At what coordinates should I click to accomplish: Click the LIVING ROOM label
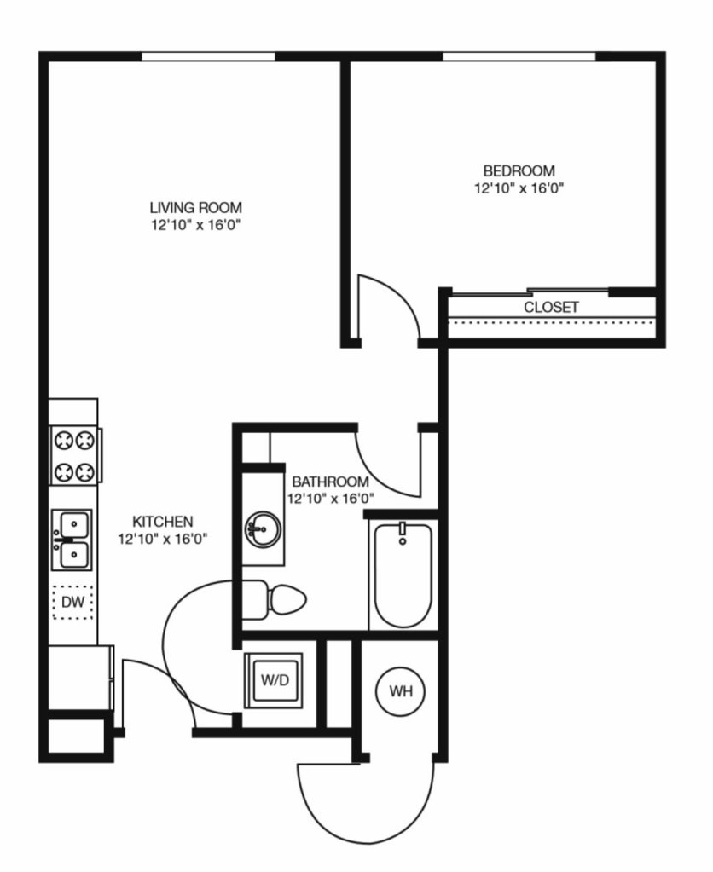point(196,208)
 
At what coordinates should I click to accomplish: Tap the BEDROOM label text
point(519,170)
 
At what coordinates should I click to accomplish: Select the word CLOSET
point(551,307)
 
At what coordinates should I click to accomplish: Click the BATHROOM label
point(330,482)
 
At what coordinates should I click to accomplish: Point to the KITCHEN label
point(163,522)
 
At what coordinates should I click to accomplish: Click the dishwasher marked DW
point(72,603)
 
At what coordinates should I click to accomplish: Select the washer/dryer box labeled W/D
point(274,680)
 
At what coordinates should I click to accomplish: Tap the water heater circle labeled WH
point(401,691)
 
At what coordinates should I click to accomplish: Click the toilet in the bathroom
point(275,600)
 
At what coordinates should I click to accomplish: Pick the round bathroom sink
point(262,530)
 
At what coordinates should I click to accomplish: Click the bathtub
point(403,576)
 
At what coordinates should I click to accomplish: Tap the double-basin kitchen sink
point(72,540)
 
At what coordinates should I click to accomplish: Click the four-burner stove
point(74,456)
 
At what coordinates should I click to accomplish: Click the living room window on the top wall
point(208,56)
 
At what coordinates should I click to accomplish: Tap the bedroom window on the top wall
point(519,56)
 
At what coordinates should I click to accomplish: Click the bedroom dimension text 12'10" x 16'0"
point(519,188)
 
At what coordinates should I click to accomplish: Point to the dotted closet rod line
point(552,321)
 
